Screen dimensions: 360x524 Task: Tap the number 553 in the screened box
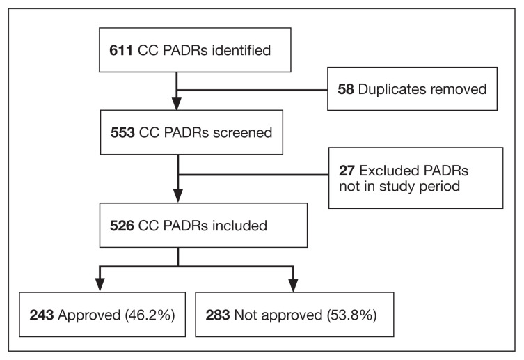click(122, 134)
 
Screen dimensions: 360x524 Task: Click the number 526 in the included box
click(122, 225)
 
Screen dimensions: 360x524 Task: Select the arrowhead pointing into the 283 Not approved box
click(293, 284)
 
